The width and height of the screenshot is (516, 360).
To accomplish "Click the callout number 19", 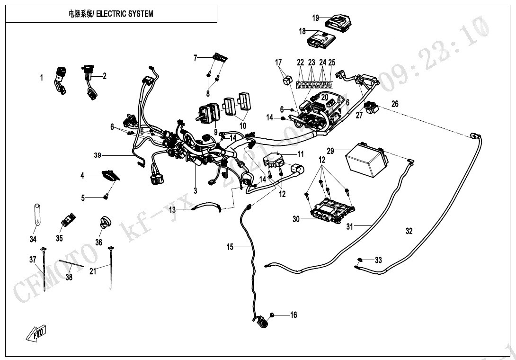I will pyautogui.click(x=316, y=18).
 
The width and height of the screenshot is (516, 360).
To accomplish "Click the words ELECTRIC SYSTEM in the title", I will pyautogui.click(x=125, y=14).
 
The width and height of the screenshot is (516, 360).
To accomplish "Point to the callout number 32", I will pyautogui.click(x=409, y=231).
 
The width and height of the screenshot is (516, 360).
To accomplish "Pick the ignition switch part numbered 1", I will pyautogui.click(x=61, y=74).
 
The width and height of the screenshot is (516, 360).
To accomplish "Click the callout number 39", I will pyautogui.click(x=98, y=155).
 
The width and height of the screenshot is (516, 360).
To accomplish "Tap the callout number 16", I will pyautogui.click(x=294, y=315).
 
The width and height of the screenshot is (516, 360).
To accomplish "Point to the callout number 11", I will pyautogui.click(x=301, y=154).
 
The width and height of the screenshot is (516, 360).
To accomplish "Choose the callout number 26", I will pyautogui.click(x=395, y=104).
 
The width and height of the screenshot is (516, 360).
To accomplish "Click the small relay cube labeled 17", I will pyautogui.click(x=287, y=81).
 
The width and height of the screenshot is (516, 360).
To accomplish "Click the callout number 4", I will pyautogui.click(x=82, y=175).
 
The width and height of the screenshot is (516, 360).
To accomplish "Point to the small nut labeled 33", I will pyautogui.click(x=361, y=260).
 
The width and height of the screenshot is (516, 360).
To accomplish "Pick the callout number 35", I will pyautogui.click(x=59, y=238).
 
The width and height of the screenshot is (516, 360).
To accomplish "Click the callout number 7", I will pyautogui.click(x=195, y=58).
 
